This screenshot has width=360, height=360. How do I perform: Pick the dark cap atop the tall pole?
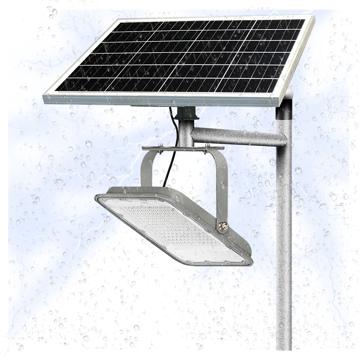[284, 108]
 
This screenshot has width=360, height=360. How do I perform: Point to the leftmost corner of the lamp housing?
[96, 198]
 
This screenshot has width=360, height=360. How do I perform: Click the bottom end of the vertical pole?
[284, 347]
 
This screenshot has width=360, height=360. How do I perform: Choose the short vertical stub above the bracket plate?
[185, 133]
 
